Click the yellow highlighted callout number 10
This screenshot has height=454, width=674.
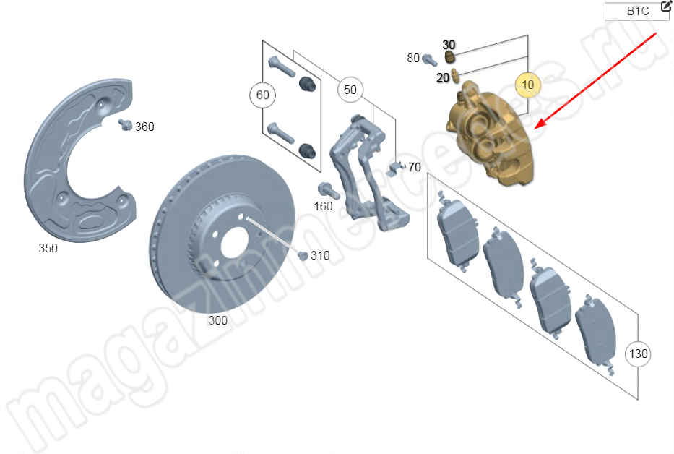point(527,85)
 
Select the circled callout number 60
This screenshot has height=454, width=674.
point(263,95)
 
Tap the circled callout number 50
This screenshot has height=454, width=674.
point(350,90)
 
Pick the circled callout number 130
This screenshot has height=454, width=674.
point(638,354)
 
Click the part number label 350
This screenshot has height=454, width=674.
point(48,248)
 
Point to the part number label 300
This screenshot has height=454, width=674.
point(218,320)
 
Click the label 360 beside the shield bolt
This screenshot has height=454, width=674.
point(144,127)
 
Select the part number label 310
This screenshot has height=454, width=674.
point(320,256)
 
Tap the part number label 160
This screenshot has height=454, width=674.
point(323,207)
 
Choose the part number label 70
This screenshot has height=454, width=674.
point(415,167)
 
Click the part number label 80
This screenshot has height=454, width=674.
point(413,58)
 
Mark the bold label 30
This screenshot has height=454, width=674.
point(449,45)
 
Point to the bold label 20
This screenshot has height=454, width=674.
point(443,78)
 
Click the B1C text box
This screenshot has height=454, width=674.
point(636,11)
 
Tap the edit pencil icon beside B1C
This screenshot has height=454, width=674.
point(666,6)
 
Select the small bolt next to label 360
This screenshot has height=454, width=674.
point(125,124)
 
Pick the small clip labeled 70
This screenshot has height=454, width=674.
point(395,168)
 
